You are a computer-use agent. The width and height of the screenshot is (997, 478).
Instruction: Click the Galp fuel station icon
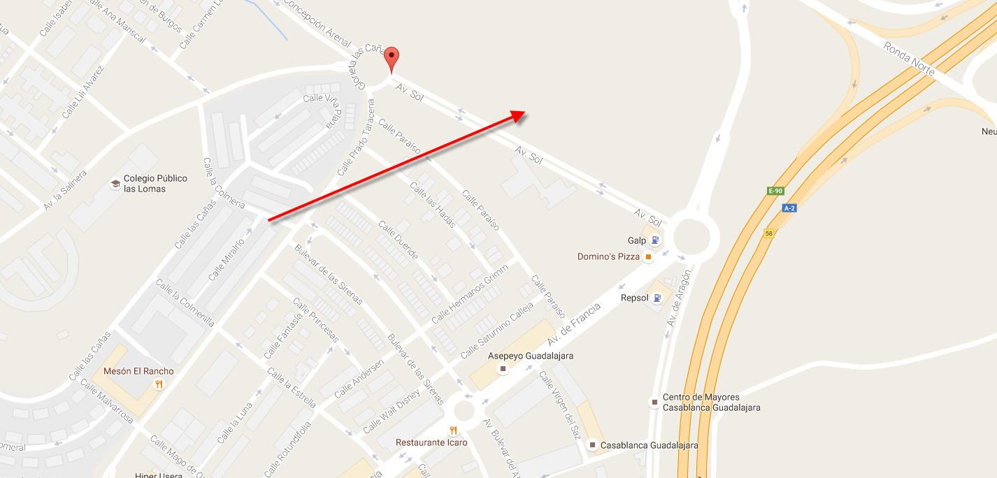pyautogui.click(x=655, y=240)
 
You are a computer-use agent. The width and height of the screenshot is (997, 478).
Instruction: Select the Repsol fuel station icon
pyautogui.click(x=657, y=298)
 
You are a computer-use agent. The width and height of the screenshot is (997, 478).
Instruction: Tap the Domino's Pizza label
pyautogui.click(x=608, y=256)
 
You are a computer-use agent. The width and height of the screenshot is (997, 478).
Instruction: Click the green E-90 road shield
pyautogui.click(x=775, y=191)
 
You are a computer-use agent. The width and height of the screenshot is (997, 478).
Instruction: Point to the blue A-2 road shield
pyautogui.click(x=789, y=208)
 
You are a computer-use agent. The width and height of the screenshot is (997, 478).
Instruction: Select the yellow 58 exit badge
pyautogui.click(x=769, y=233)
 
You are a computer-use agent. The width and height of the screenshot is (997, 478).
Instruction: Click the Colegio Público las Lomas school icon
pyautogui.click(x=115, y=184)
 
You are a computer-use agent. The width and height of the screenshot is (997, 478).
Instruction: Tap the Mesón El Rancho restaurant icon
pyautogui.click(x=159, y=384)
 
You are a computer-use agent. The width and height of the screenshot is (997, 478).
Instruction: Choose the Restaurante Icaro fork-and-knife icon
pyautogui.click(x=454, y=430)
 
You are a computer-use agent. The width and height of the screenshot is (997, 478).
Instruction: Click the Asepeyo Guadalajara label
pyautogui.click(x=531, y=356)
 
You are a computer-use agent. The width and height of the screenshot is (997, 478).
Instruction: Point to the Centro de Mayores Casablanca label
pyautogui.click(x=711, y=402)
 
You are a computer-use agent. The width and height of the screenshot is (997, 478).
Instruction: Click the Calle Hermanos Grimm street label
pyautogui.click(x=469, y=296)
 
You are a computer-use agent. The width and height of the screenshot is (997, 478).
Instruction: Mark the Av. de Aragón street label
pyautogui.click(x=678, y=298)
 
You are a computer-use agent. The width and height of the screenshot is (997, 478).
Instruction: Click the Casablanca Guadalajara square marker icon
pyautogui.click(x=592, y=445)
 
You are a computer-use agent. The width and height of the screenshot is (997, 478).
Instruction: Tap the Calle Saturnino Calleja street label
pyautogui.click(x=496, y=331)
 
